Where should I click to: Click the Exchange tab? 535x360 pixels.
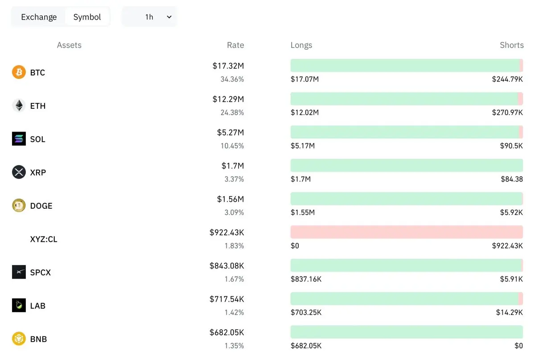tap(39, 17)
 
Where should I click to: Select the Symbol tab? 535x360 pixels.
tap(87, 17)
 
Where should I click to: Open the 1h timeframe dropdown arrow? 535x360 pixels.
tap(169, 17)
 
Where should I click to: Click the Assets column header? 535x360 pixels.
tap(69, 45)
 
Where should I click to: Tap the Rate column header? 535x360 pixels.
tap(235, 45)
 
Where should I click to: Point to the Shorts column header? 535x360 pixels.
tap(512, 45)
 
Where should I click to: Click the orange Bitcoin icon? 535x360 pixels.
tap(19, 72)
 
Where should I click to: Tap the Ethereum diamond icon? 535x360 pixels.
tap(19, 105)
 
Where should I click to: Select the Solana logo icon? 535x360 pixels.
tap(19, 139)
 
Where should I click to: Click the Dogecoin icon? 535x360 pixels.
tap(19, 205)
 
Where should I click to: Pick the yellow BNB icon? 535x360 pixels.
tap(19, 339)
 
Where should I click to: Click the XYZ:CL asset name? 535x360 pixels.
tap(44, 239)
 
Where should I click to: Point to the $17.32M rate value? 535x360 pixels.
tap(228, 66)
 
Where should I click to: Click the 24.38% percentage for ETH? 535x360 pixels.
tap(232, 112)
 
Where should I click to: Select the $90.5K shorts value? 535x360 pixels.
tap(511, 146)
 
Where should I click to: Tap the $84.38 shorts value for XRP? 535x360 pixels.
tap(512, 179)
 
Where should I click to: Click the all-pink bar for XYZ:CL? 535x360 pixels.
tap(407, 232)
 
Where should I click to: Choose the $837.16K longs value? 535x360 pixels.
tap(306, 279)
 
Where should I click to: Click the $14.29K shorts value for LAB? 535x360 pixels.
tap(510, 312)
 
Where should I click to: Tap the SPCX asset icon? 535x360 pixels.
tap(19, 272)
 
